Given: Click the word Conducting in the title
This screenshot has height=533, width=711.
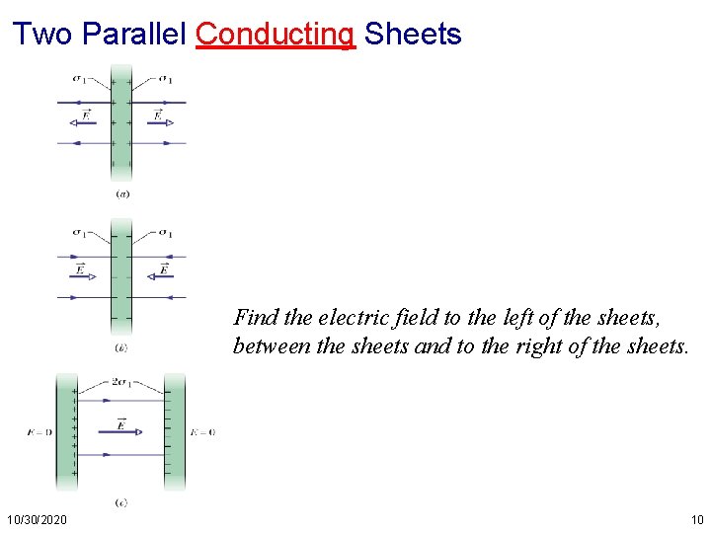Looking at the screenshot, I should [275, 35].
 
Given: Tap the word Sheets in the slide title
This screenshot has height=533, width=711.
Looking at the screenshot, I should [413, 35].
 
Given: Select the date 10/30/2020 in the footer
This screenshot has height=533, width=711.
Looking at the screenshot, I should [37, 519].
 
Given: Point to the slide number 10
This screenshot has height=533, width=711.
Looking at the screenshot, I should [697, 519].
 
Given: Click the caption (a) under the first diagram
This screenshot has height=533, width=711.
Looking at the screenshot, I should [121, 193].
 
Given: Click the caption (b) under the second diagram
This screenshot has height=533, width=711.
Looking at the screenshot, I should [120, 347].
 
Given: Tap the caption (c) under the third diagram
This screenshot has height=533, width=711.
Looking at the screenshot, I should [120, 502].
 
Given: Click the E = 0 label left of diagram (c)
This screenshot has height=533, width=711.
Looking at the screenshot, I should [40, 431].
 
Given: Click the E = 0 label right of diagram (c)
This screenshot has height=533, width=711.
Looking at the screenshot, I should [202, 431].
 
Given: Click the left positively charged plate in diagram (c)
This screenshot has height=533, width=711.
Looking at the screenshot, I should [66, 431].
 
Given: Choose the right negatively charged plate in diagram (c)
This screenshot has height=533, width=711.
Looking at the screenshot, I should [174, 431].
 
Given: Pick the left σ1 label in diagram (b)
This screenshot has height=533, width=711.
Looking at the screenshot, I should [79, 233].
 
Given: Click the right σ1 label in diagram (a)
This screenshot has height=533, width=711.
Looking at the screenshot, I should [164, 79].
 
